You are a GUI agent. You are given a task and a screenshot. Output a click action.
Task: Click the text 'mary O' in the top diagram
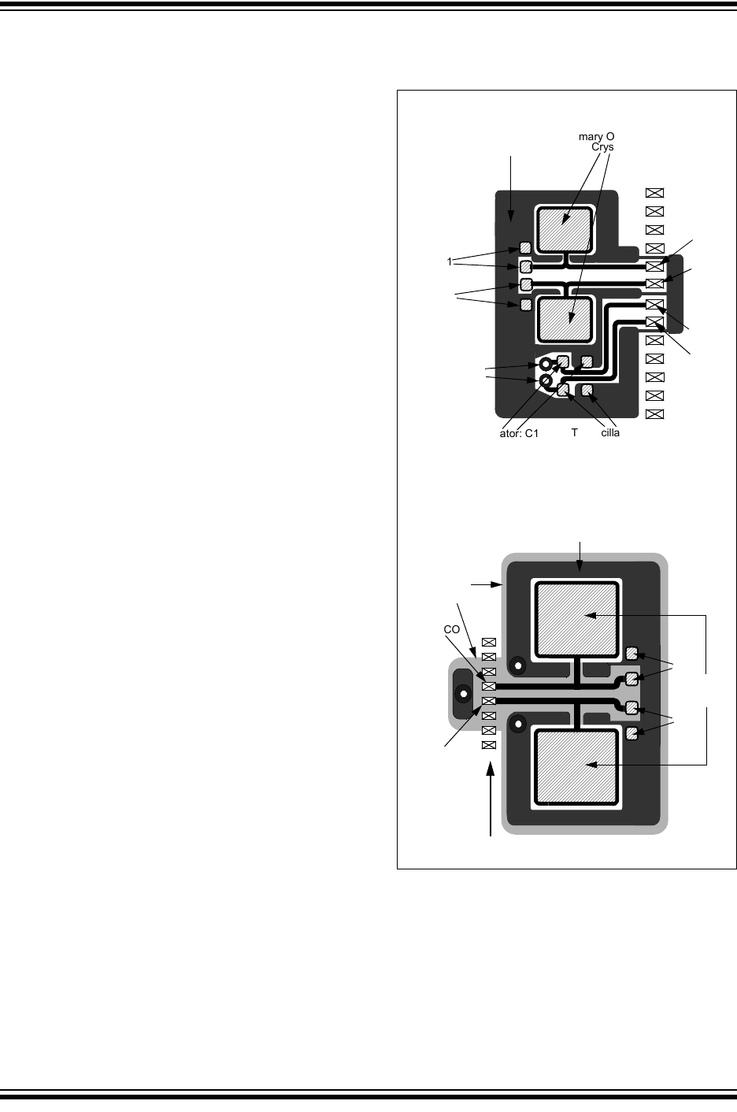596,136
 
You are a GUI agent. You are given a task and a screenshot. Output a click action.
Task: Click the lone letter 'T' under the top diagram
575,432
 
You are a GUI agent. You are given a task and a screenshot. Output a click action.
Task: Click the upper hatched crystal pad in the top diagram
564,228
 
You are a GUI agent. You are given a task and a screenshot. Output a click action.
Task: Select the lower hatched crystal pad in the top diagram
564,320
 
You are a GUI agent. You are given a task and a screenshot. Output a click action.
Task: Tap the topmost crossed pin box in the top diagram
654,192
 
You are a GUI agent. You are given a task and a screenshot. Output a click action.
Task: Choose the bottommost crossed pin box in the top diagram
654,414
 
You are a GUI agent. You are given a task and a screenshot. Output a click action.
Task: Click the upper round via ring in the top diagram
543,365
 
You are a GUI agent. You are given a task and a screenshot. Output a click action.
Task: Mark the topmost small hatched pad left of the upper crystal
526,248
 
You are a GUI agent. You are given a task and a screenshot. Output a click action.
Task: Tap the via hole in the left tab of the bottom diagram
464,695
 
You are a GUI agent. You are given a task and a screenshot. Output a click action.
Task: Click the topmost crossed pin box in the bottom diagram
488,642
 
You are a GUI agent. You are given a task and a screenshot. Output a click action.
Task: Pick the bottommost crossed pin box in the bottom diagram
488,745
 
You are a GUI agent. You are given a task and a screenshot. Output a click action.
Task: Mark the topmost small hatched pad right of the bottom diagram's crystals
631,652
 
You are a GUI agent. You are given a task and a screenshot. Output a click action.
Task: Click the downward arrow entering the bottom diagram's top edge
581,555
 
